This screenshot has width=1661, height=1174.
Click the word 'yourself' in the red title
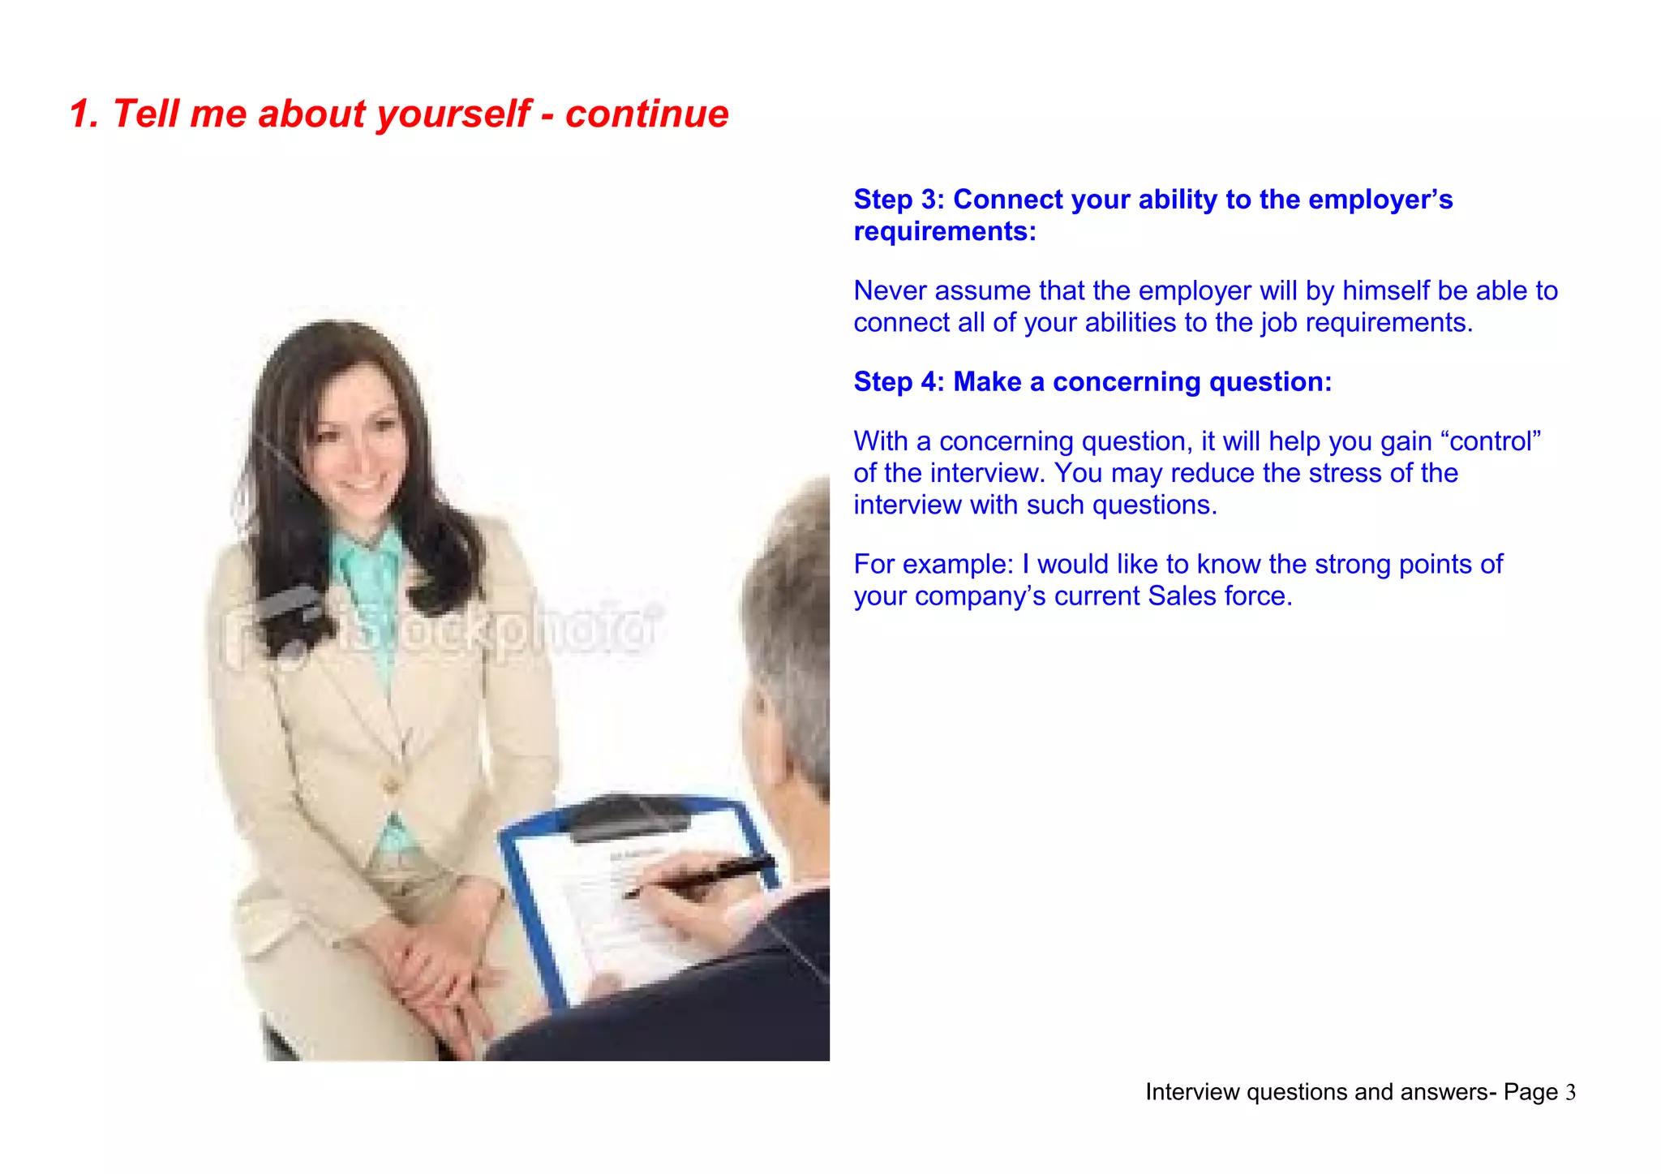(454, 114)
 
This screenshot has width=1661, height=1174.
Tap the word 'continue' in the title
(646, 114)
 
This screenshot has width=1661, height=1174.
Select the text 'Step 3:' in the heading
(899, 200)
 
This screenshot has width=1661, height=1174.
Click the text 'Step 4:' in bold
(899, 382)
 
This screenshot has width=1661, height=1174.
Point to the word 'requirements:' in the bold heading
(945, 232)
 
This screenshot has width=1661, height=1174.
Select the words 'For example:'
(934, 565)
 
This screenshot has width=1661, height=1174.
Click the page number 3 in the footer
(1570, 1093)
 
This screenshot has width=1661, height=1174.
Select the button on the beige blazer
(392, 785)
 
